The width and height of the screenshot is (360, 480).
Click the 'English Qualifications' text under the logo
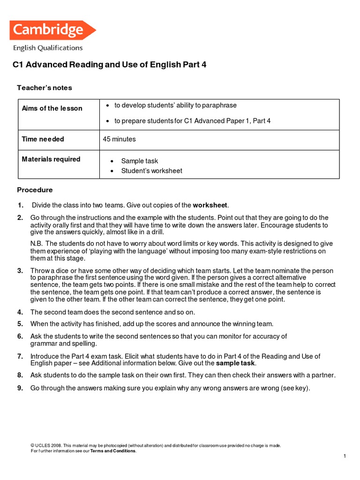click(48, 48)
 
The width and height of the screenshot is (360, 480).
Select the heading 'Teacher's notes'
click(45, 88)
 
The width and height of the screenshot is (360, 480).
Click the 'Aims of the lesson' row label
click(52, 108)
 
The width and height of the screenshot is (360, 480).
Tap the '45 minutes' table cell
click(119, 139)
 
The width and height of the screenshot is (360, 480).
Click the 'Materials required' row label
click(51, 159)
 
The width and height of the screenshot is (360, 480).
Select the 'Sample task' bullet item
click(139, 161)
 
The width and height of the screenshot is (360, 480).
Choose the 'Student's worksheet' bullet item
click(151, 171)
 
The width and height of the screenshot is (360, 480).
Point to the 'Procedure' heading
click(35, 190)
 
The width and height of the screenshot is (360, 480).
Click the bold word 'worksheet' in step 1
click(210, 205)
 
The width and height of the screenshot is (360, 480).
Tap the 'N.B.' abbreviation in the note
click(37, 243)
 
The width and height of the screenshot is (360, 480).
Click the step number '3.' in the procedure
click(20, 271)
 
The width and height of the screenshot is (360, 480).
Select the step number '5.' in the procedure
click(20, 323)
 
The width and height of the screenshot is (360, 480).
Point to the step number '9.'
click(20, 388)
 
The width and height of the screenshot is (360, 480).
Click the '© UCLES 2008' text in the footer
click(45, 445)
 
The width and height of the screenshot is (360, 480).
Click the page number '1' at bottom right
click(344, 456)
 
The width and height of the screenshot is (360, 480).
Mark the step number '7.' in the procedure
click(20, 356)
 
